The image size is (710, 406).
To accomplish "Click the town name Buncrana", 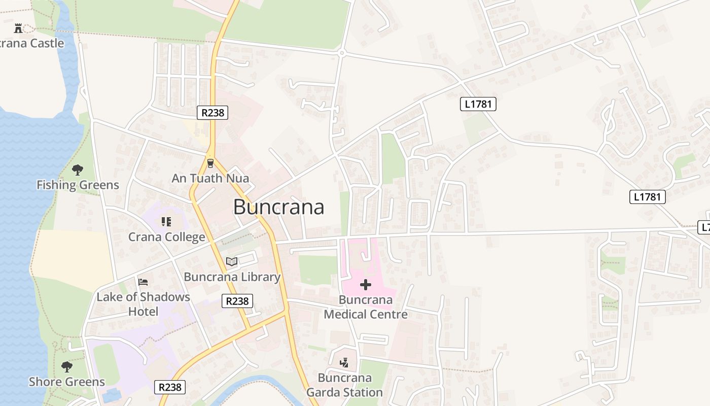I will click(278, 207).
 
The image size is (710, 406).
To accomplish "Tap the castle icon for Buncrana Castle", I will click(18, 27).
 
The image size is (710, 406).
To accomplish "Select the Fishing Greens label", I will click(78, 185).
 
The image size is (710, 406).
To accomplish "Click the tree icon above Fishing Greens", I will click(77, 170).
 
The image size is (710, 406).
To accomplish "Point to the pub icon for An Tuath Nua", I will click(210, 163).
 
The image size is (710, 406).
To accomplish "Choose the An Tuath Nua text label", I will click(210, 178).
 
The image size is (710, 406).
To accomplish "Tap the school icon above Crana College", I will click(166, 222).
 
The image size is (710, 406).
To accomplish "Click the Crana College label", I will click(166, 237).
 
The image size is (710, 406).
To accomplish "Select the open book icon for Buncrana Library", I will click(232, 261).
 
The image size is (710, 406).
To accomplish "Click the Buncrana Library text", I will click(232, 277).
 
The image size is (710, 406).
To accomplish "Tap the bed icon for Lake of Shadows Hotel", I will click(143, 282).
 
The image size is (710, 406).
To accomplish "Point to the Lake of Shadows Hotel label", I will click(143, 304).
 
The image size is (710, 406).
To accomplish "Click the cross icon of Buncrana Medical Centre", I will click(365, 284).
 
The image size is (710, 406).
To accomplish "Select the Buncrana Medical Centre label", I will click(365, 307).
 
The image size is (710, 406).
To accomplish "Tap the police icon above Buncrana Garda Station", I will click(344, 362).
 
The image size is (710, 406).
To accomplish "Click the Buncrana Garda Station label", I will click(344, 385).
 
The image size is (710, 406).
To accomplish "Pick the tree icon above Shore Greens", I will click(66, 366).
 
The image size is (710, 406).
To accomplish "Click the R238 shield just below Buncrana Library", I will click(237, 301).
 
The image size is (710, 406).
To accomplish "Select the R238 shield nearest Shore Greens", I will click(170, 387).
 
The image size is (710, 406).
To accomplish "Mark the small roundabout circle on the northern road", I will click(342, 52).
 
